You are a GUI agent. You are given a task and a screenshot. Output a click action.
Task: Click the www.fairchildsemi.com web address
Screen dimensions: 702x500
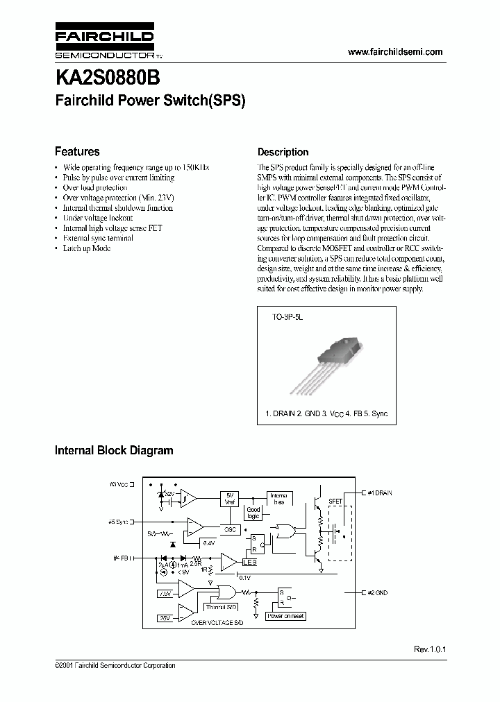pyautogui.click(x=394, y=53)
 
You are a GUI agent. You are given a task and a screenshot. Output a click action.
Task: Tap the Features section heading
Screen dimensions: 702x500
pyautogui.click(x=77, y=152)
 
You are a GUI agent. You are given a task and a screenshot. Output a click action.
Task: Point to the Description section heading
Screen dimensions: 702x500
pyautogui.click(x=283, y=152)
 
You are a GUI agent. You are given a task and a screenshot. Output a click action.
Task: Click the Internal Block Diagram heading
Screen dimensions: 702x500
pyautogui.click(x=114, y=451)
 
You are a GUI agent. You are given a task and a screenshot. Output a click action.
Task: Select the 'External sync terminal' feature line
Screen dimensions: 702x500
pyautogui.click(x=98, y=238)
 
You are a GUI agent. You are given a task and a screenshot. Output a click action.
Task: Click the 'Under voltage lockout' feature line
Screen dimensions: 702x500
pyautogui.click(x=97, y=218)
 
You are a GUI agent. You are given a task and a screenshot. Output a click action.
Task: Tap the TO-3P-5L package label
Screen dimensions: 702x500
pyautogui.click(x=285, y=316)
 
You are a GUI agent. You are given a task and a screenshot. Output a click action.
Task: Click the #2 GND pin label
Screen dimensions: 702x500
pyautogui.click(x=377, y=592)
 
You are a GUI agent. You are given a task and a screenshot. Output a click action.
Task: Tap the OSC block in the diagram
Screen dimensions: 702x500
pyautogui.click(x=230, y=529)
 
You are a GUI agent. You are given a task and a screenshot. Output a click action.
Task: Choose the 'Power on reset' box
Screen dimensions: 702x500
pyautogui.click(x=286, y=616)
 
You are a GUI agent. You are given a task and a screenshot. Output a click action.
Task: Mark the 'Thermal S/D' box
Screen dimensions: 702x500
pyautogui.click(x=220, y=606)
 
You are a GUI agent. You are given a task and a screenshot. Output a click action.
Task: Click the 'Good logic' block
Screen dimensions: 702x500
pyautogui.click(x=253, y=513)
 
